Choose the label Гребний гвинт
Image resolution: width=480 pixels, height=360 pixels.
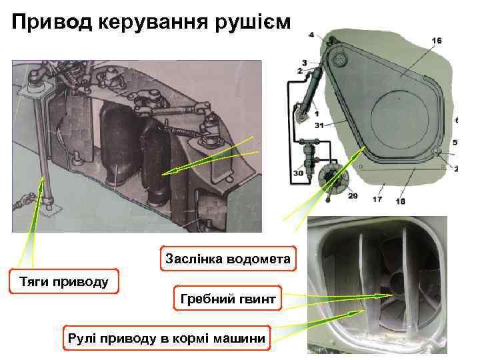click(227, 301)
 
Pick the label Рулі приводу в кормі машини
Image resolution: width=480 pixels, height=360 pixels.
click(166, 339)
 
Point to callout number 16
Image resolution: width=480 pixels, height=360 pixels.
click(437, 41)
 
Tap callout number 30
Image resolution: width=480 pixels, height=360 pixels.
click(297, 173)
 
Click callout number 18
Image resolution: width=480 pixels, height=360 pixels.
click(401, 201)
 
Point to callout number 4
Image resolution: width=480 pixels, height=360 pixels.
click(311, 34)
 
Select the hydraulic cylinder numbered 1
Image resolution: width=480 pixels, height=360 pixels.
click(308, 93)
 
